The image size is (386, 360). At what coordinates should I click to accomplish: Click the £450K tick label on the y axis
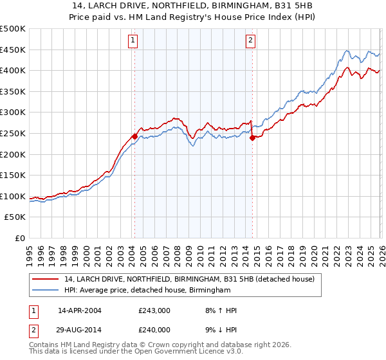click(x=13, y=50)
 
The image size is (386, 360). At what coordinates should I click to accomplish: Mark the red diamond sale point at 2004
click(x=134, y=136)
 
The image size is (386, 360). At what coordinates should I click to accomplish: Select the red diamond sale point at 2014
click(x=252, y=137)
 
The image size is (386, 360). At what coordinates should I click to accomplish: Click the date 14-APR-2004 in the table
click(x=80, y=310)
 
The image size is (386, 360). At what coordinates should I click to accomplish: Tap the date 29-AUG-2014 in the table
click(x=80, y=330)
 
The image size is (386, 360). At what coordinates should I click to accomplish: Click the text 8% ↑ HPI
click(x=221, y=310)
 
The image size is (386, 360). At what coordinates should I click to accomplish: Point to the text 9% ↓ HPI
click(x=221, y=330)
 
